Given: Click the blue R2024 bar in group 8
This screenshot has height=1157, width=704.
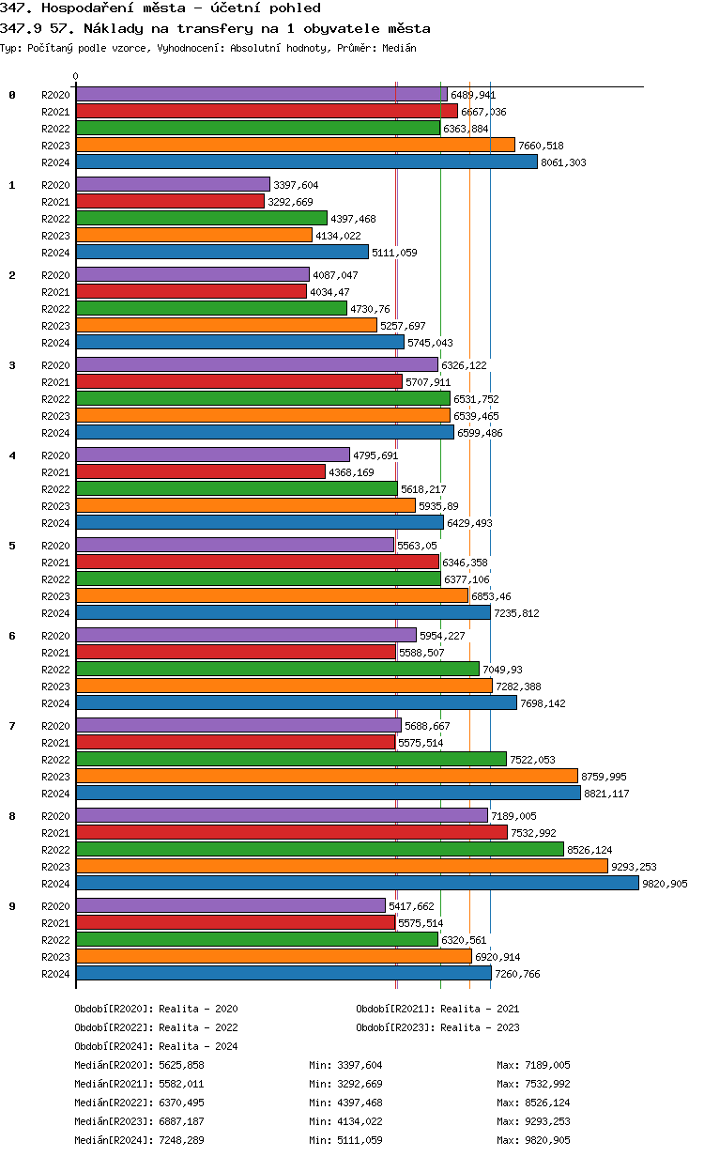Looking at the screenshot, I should click(x=357, y=883).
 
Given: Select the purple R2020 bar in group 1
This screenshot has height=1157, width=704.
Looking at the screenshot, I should click(x=173, y=185).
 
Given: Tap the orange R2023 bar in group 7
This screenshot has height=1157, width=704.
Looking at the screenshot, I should click(x=327, y=776).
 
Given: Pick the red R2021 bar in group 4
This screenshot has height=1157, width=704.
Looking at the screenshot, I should click(x=200, y=472).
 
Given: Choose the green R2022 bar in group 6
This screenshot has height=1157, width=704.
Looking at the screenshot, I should click(x=277, y=669).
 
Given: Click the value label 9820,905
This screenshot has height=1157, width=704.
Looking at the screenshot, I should click(x=666, y=884).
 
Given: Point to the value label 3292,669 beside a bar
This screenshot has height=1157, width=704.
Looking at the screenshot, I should click(x=292, y=202).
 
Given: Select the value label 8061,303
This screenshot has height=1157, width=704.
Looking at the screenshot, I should click(x=564, y=162).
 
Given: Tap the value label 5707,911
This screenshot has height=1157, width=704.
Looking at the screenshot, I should click(x=429, y=382).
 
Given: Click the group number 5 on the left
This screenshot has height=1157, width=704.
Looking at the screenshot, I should click(x=12, y=546).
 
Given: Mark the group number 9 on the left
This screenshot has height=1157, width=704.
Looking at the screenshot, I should click(x=12, y=906).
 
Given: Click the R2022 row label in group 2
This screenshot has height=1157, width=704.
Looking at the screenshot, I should click(x=55, y=309).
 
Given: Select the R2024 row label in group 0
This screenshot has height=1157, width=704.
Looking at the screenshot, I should click(x=55, y=162).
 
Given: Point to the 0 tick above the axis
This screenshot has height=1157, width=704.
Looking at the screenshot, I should click(x=76, y=77).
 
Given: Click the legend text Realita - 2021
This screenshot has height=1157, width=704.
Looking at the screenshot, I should click(x=480, y=1009).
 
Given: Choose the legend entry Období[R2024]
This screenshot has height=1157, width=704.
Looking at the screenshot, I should click(x=115, y=1046).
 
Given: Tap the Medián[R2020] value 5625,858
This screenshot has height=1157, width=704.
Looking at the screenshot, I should click(x=181, y=1065).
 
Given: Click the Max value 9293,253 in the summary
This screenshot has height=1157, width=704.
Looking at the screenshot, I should click(x=546, y=1121).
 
